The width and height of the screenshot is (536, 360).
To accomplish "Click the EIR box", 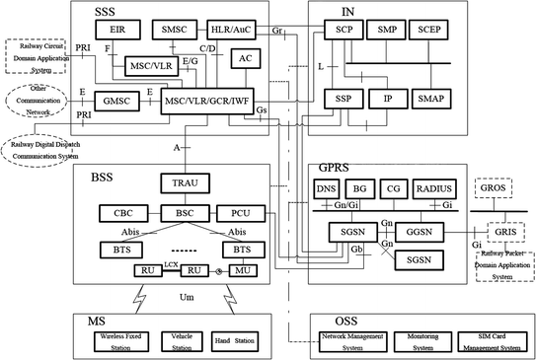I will coord(117,32).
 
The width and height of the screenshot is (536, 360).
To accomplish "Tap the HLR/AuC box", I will coord(232,32).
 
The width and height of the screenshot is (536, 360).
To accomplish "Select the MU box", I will coord(243,270).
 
